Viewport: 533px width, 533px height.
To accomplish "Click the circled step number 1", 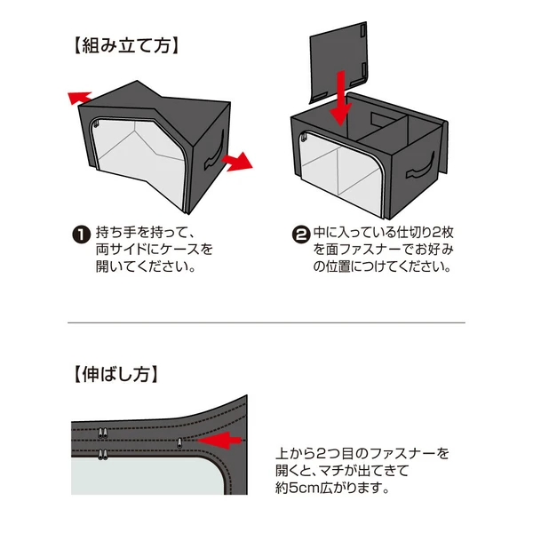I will click(x=79, y=235).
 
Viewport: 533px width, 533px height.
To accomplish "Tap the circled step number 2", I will click(x=300, y=235).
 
